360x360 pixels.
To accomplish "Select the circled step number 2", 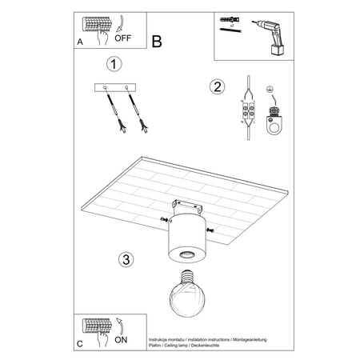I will coord(215,86).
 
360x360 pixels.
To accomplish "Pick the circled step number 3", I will coord(125,259).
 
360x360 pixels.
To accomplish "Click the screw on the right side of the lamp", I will coord(210,230).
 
